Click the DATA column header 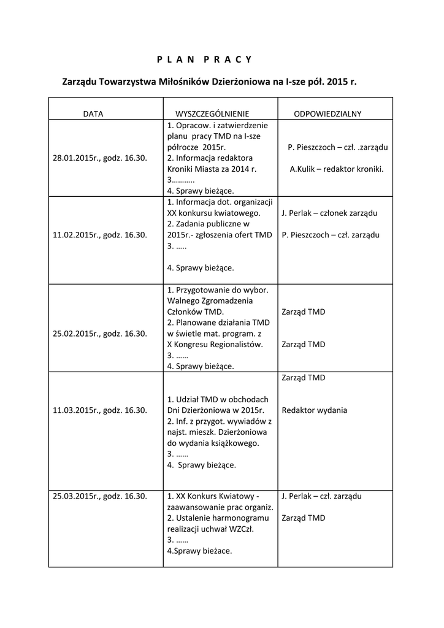pyautogui.click(x=93, y=114)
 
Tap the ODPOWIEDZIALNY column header pyautogui.click(x=327, y=114)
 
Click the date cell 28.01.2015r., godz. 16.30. pyautogui.click(x=100, y=158)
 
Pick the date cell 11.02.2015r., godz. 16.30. pyautogui.click(x=100, y=235)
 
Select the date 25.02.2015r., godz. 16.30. pyautogui.click(x=100, y=334)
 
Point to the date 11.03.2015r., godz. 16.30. pyautogui.click(x=100, y=410)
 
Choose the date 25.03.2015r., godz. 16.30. pyautogui.click(x=100, y=496)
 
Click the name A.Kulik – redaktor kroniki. pyautogui.click(x=337, y=169)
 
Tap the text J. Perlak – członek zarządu pyautogui.click(x=329, y=213)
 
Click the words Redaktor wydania pyautogui.click(x=314, y=410)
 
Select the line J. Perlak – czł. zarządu pyautogui.click(x=321, y=496)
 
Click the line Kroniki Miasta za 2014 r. pyautogui.click(x=212, y=169)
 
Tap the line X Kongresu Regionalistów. pyautogui.click(x=215, y=345)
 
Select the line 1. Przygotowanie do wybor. pyautogui.click(x=222, y=289)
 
